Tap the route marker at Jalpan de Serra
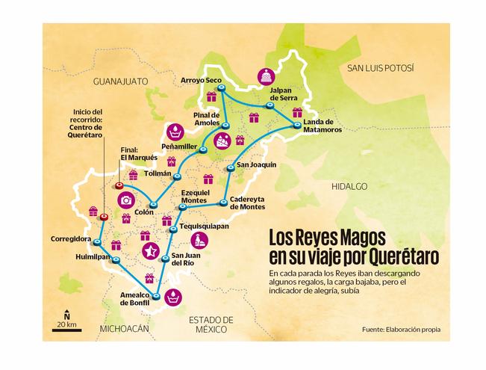(x=267, y=106)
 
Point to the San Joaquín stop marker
(x=231, y=166)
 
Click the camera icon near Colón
(x=125, y=200)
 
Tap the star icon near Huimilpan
(x=150, y=250)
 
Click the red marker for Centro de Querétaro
(x=104, y=217)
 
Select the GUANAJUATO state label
(x=121, y=80)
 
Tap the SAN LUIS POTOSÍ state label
(x=379, y=68)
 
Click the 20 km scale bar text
(x=66, y=324)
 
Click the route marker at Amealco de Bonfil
(x=157, y=297)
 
